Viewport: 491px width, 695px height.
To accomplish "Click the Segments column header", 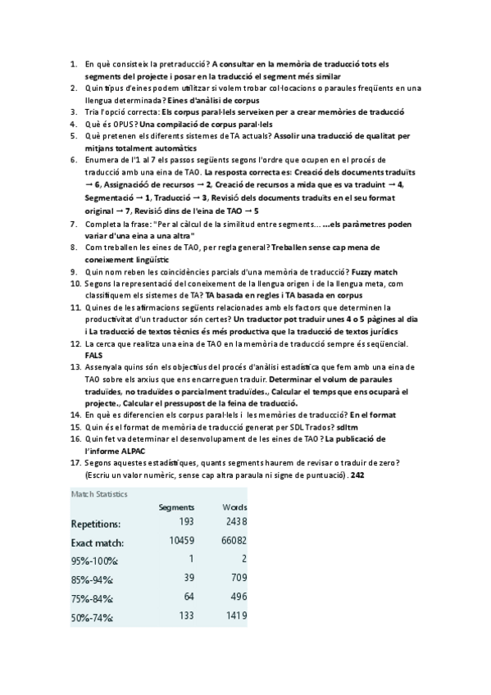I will tap(176, 506).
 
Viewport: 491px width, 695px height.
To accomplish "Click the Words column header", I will tap(234, 506).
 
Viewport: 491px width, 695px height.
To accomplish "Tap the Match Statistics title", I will tap(99, 493).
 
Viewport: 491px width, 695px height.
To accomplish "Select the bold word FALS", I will tap(95, 355).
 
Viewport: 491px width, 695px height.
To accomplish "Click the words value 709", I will tap(237, 579).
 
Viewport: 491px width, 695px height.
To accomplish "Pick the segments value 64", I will tap(187, 597).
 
